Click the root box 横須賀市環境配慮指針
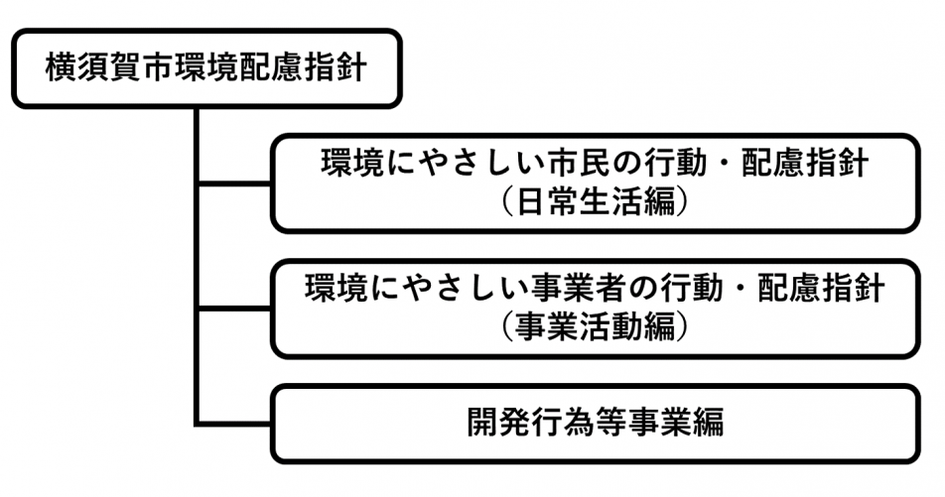(x=206, y=68)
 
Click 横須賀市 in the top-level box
(x=94, y=68)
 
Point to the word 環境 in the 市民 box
(x=346, y=164)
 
